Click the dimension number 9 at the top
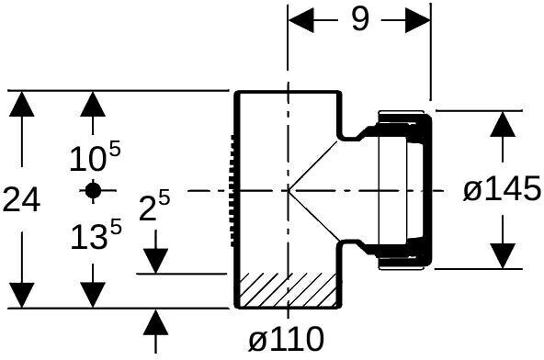pos(359,19)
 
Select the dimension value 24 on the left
pos(21,199)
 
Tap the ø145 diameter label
pos(503,189)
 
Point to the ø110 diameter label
pos(287,339)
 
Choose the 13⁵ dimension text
pos(96,236)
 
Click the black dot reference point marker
pos(93,190)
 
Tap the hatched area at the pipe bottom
pos(288,290)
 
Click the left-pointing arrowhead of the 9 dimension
pos(301,20)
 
